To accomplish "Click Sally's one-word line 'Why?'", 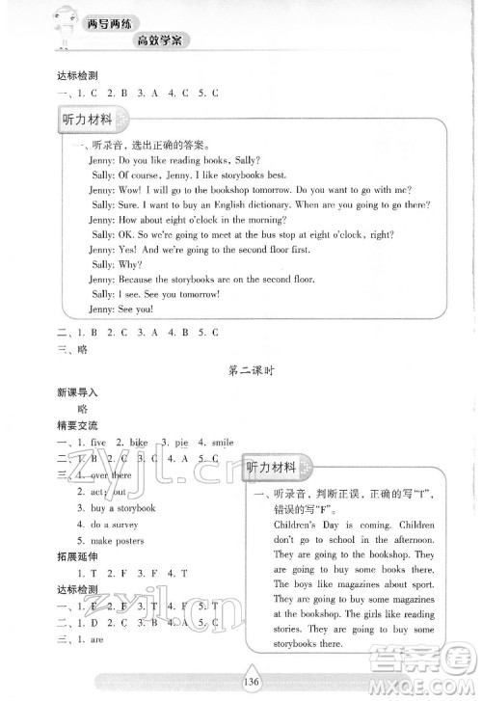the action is [x=128, y=263].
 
